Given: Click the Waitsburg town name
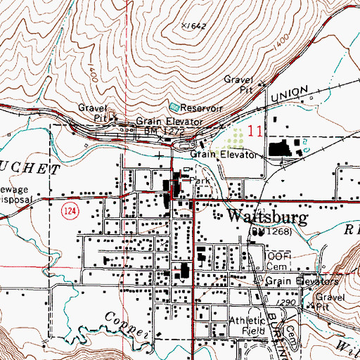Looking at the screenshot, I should pyautogui.click(x=265, y=217).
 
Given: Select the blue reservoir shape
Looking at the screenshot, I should pyautogui.click(x=174, y=107).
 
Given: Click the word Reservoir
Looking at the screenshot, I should pyautogui.click(x=202, y=109).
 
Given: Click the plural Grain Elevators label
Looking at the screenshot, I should pyautogui.click(x=302, y=281).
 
